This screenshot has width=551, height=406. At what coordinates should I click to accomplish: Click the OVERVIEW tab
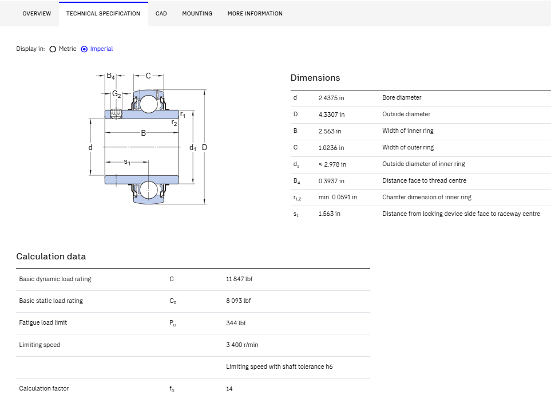click(x=37, y=14)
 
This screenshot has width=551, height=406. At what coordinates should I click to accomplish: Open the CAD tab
click(x=161, y=14)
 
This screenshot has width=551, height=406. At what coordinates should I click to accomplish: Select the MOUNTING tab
click(x=197, y=14)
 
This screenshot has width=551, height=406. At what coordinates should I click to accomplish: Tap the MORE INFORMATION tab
click(x=255, y=14)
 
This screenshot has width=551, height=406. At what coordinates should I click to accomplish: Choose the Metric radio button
click(x=53, y=49)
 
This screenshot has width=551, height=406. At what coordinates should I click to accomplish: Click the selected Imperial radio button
click(x=84, y=49)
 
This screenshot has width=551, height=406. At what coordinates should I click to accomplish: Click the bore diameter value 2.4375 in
click(x=331, y=98)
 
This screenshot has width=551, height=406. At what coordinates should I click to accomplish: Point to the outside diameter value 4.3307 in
click(x=331, y=115)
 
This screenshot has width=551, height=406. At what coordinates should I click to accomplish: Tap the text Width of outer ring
click(x=408, y=147)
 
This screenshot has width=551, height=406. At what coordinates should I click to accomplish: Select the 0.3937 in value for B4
click(x=331, y=181)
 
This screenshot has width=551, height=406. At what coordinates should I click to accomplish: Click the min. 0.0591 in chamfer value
click(x=338, y=198)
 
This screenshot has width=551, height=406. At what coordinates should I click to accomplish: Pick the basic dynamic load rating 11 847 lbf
click(x=239, y=279)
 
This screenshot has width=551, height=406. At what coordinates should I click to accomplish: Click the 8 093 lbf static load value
click(x=238, y=301)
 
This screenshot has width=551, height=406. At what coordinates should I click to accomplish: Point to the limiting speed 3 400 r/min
click(x=242, y=345)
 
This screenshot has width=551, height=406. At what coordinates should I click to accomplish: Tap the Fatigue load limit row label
click(x=43, y=322)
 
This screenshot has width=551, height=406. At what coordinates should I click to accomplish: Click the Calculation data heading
click(x=51, y=257)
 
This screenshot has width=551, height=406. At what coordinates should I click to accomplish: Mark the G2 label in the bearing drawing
click(x=117, y=94)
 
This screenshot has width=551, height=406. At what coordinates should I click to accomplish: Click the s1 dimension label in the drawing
click(x=127, y=162)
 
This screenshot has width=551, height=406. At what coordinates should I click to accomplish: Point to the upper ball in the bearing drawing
click(x=149, y=104)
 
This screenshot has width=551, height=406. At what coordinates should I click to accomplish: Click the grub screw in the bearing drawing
click(x=116, y=113)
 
